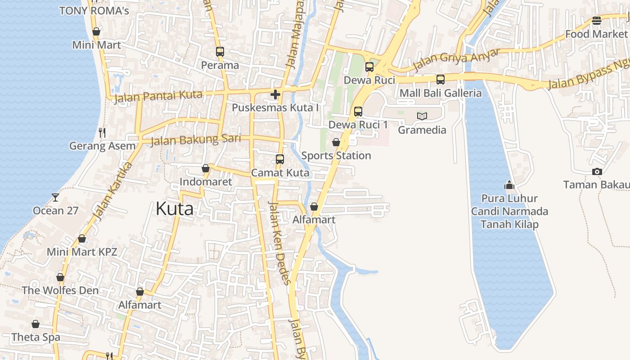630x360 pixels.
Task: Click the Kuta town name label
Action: click(175, 209)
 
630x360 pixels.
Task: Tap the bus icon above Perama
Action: click(220, 52)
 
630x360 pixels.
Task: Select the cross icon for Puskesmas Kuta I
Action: click(275, 94)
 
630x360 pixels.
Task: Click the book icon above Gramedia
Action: click(422, 116)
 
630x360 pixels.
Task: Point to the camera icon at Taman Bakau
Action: click(597, 171)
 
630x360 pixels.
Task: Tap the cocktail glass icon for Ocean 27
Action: click(55, 197)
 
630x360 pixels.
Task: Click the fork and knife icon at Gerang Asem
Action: click(102, 132)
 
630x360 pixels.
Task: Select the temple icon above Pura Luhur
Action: click(509, 185)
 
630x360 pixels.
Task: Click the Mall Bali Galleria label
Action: click(441, 93)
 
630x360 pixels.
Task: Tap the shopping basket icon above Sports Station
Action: click(336, 142)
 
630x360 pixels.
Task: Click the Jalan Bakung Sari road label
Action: click(196, 140)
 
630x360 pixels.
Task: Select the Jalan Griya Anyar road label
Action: click(456, 60)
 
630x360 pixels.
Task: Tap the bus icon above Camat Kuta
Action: click(280, 159)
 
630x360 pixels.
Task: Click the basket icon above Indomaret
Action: click(206, 168)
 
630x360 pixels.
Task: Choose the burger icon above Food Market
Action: click(597, 20)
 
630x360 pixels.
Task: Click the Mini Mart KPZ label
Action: click(82, 252)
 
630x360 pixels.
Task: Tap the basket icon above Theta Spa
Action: click(36, 324)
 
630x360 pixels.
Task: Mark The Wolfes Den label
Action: click(60, 290)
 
